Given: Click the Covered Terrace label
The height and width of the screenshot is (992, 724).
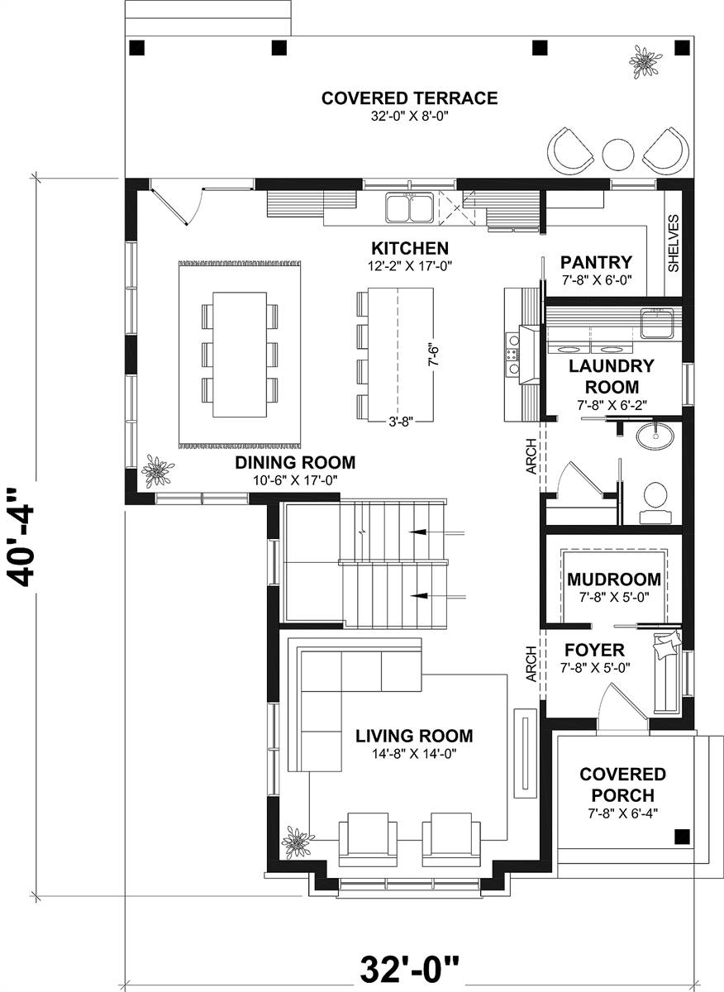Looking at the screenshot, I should point(409,99).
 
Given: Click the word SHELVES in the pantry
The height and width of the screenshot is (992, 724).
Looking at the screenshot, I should point(673,244).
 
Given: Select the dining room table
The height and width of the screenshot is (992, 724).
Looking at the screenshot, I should point(240,354).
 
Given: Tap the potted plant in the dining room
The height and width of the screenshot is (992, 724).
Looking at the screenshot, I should point(156,472).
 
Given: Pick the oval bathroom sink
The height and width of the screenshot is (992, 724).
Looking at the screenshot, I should point(656,435).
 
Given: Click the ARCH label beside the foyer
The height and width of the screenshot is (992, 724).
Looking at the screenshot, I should point(531,663).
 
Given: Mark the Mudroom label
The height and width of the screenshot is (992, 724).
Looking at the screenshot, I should point(614,579).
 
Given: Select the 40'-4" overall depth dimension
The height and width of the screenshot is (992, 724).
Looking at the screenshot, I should point(21,537).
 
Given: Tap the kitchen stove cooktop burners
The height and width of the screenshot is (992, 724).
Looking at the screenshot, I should point(513,355).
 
